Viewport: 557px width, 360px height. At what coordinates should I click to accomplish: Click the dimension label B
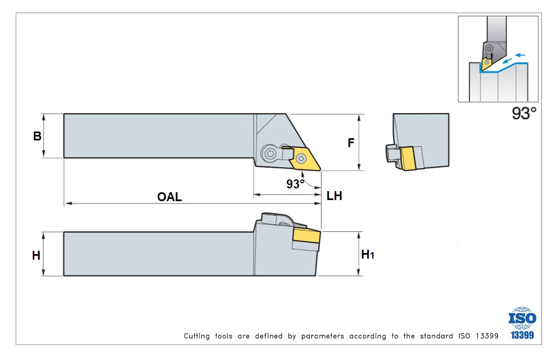[x=37, y=136]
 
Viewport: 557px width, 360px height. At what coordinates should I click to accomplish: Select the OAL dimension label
[x=169, y=197]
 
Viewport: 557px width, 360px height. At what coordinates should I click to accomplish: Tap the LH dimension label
[x=334, y=196]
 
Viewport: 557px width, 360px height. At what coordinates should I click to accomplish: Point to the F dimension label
[x=351, y=143]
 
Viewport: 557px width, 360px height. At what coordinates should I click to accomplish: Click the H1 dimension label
[x=368, y=254]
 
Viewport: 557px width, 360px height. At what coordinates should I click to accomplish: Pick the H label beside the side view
[x=36, y=255]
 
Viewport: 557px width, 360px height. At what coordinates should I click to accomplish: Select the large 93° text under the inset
[x=524, y=113]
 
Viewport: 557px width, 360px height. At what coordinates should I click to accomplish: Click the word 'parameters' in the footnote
[x=323, y=336]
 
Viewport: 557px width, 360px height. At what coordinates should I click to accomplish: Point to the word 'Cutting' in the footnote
[x=197, y=336]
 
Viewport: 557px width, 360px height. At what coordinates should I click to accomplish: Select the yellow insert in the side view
[x=306, y=236]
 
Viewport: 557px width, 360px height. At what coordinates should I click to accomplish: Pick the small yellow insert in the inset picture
[x=486, y=62]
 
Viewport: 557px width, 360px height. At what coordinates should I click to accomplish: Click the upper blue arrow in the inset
[x=520, y=55]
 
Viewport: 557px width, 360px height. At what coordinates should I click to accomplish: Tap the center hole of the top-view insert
[x=301, y=158]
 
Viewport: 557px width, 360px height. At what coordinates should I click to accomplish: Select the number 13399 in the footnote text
[x=487, y=336]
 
